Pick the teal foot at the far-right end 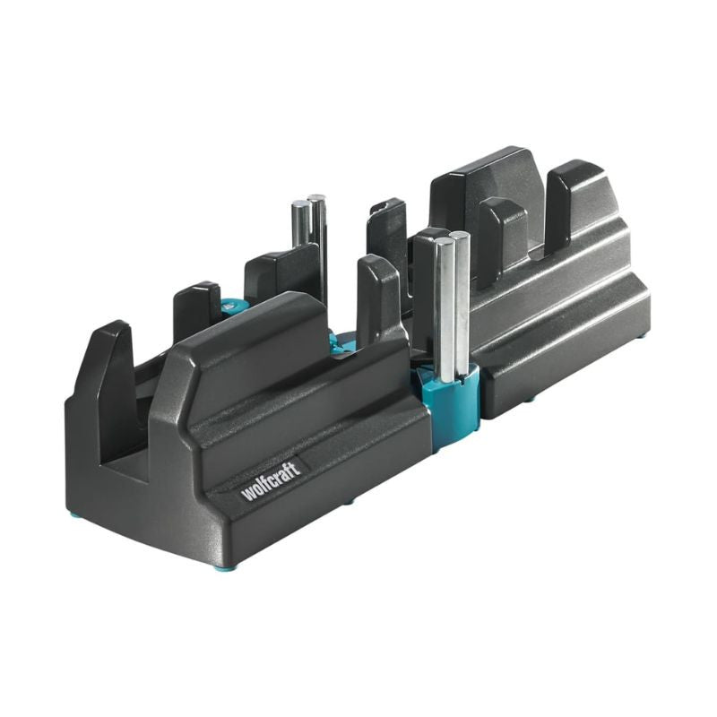(x=642, y=338)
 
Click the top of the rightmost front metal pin (x=460, y=237)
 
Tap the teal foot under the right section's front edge (x=530, y=399)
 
